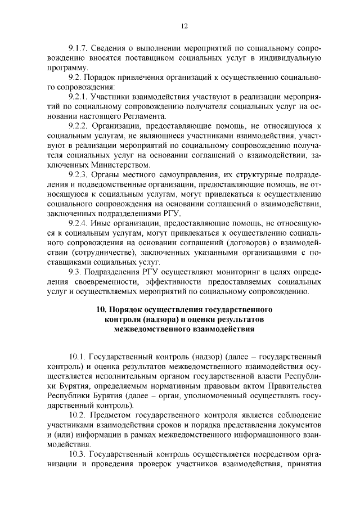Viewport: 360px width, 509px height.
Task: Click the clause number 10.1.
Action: click(79, 356)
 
